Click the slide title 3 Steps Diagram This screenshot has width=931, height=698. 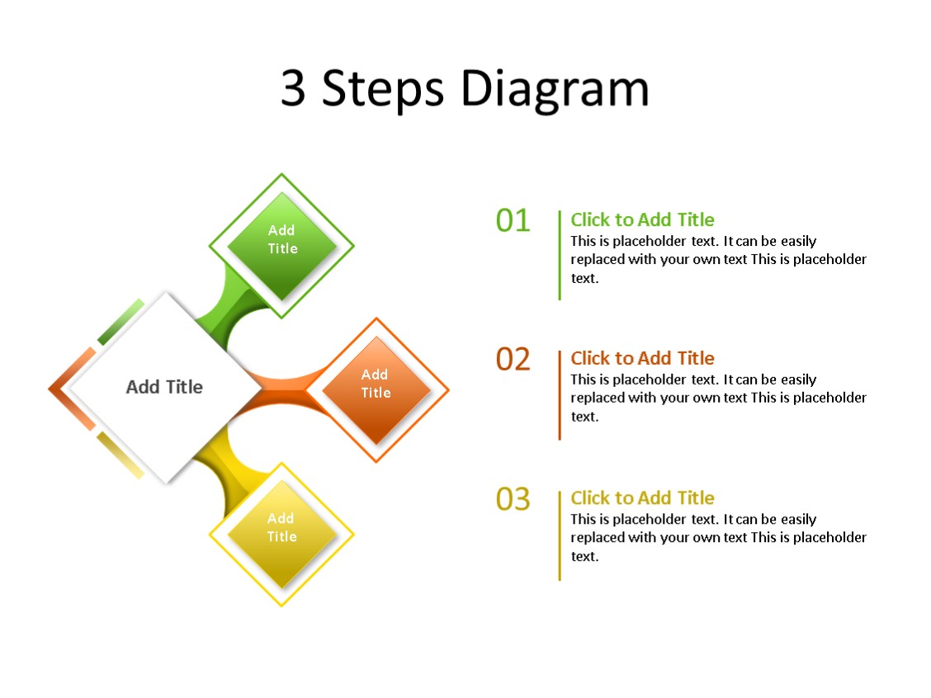(x=465, y=89)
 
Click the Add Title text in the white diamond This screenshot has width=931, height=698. (x=164, y=386)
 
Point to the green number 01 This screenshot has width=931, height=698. (x=513, y=220)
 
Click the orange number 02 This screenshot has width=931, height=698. (x=513, y=360)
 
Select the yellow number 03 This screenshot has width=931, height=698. (x=513, y=499)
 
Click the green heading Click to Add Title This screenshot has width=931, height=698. (x=642, y=219)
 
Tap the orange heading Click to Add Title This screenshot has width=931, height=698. (x=642, y=358)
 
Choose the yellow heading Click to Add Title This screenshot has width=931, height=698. (x=642, y=498)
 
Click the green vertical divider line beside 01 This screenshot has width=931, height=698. (x=560, y=255)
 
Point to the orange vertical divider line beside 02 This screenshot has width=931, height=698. (x=560, y=394)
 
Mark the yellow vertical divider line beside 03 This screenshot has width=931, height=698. (x=560, y=535)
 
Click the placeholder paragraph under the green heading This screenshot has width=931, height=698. (x=718, y=259)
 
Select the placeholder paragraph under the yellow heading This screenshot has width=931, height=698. (x=718, y=537)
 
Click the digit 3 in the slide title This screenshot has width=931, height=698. (x=293, y=89)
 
